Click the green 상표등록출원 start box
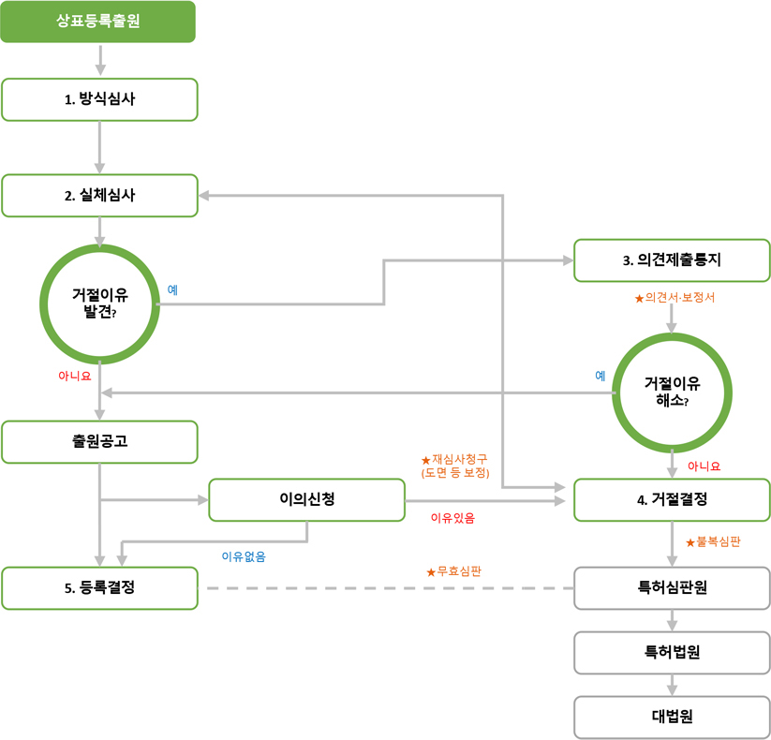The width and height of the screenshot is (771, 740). click(x=97, y=22)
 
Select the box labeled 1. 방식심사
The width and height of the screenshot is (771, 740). click(x=100, y=99)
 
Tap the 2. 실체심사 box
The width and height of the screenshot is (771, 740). click(x=100, y=196)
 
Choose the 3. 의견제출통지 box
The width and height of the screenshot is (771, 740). click(x=672, y=260)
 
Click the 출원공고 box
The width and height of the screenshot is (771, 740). click(x=100, y=442)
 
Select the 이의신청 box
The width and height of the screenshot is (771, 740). click(x=307, y=500)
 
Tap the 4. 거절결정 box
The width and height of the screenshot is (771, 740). click(x=672, y=500)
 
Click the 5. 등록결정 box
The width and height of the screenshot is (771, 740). click(x=100, y=588)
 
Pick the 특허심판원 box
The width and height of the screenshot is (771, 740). click(x=672, y=588)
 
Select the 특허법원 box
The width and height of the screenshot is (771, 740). click(x=672, y=653)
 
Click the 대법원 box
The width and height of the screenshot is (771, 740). click(x=672, y=717)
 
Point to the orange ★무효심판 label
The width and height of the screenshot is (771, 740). click(x=453, y=571)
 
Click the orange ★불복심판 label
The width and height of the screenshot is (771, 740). click(x=713, y=541)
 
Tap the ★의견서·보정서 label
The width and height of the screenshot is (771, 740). click(x=675, y=298)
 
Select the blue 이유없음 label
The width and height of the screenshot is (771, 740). click(x=244, y=556)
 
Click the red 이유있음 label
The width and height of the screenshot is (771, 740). click(x=452, y=518)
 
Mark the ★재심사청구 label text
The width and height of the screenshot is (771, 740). click(x=455, y=459)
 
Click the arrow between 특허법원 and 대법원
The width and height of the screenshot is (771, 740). click(x=672, y=685)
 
